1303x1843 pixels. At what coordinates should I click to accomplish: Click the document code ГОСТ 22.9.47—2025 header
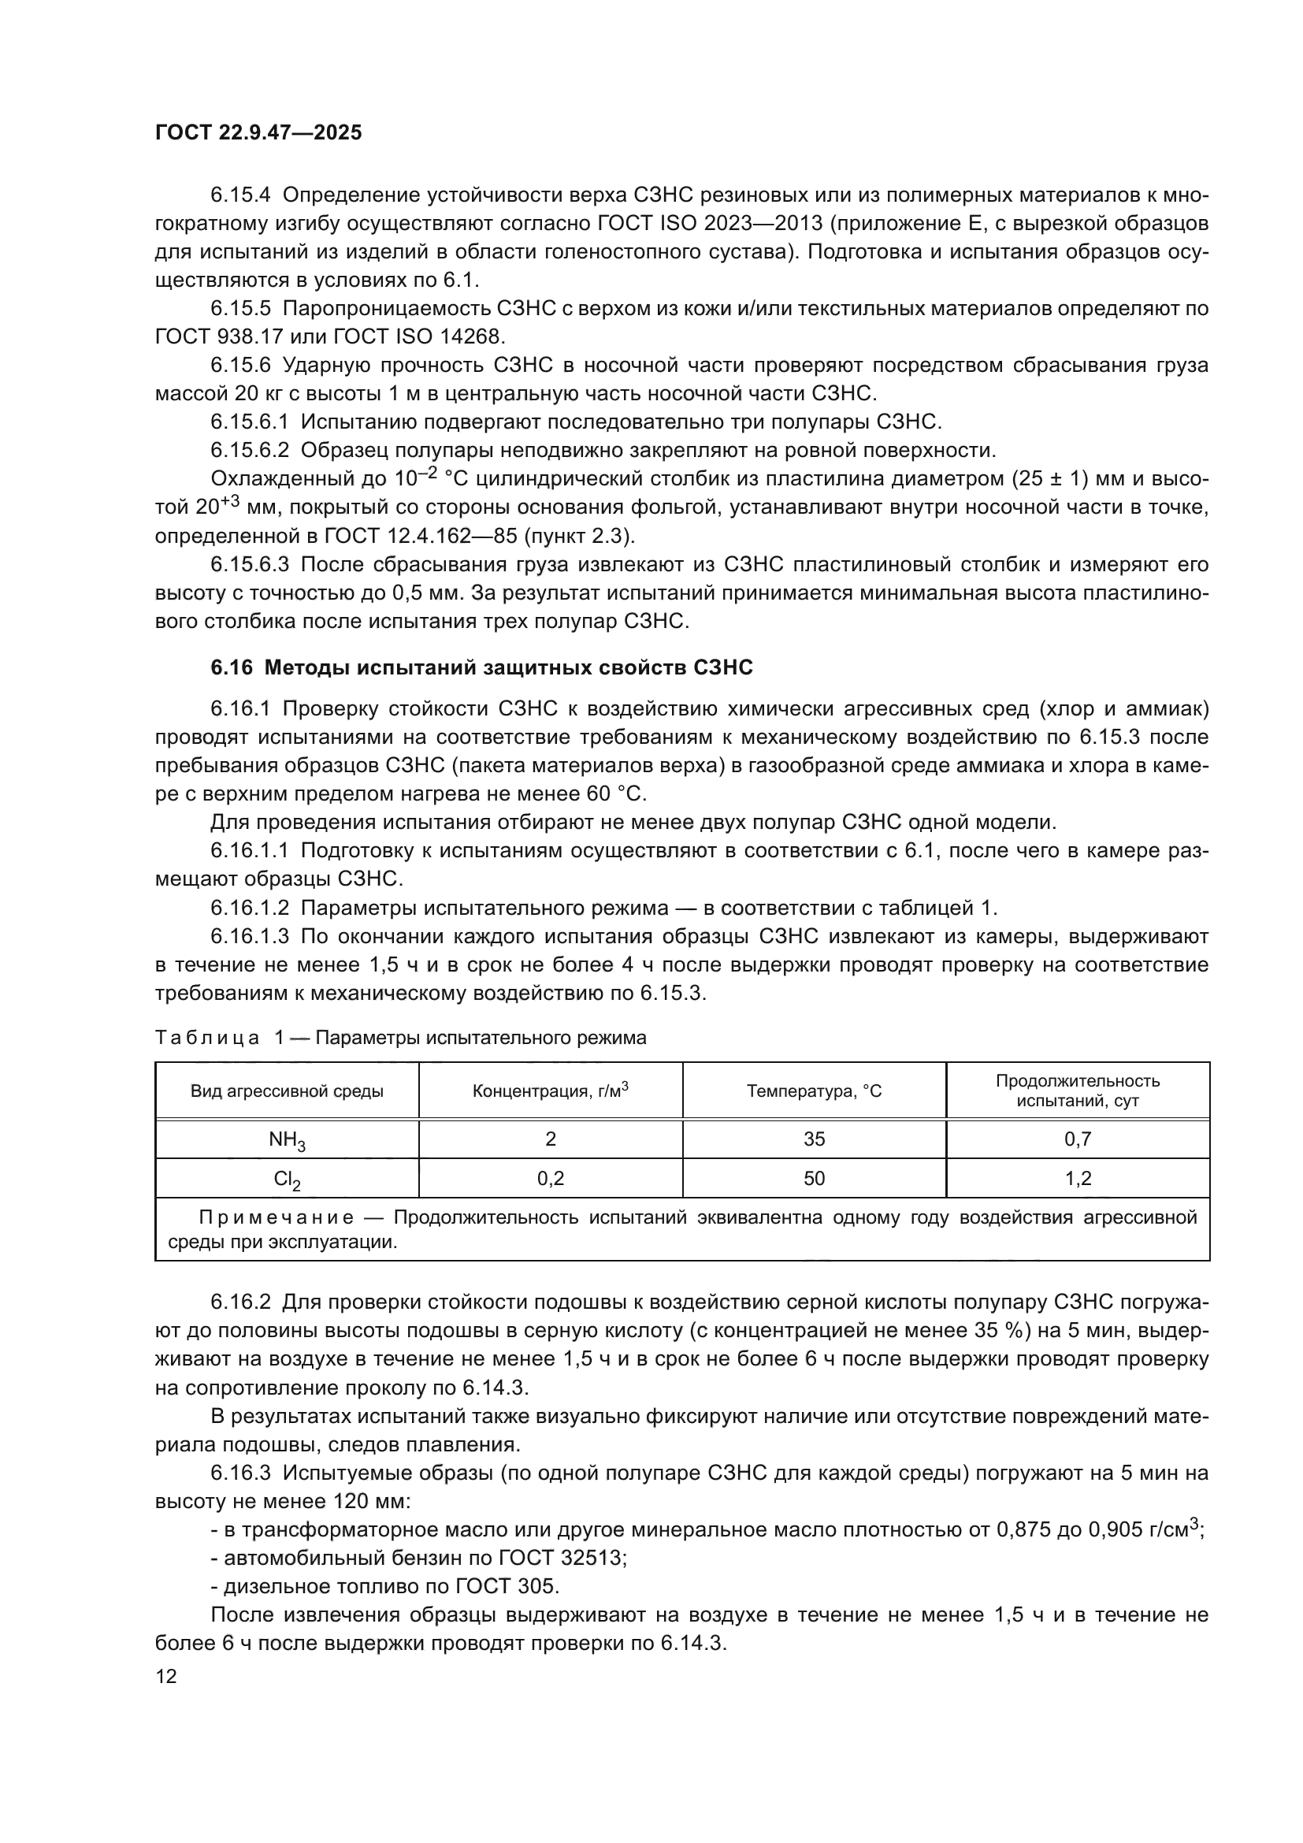(x=258, y=132)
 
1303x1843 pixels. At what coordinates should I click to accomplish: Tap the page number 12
(x=166, y=1676)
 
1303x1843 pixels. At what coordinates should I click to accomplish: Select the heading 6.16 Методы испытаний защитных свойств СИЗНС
(x=481, y=668)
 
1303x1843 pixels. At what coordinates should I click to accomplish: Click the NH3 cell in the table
(x=287, y=1141)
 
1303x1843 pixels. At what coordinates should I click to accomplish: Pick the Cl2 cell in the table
(x=287, y=1180)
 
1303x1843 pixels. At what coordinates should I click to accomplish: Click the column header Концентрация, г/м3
(x=550, y=1091)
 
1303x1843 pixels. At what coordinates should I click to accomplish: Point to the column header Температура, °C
(x=814, y=1091)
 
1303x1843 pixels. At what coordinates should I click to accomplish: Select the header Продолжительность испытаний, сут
(x=1077, y=1091)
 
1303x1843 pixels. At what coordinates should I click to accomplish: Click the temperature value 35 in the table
(x=814, y=1139)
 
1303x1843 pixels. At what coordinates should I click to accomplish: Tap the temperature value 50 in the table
(x=814, y=1178)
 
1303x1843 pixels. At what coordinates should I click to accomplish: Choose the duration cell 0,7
(x=1077, y=1139)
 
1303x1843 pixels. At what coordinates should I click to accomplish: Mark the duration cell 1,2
(x=1077, y=1178)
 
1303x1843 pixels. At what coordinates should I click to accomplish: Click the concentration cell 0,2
(x=550, y=1178)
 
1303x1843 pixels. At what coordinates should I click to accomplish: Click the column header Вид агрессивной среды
(x=287, y=1091)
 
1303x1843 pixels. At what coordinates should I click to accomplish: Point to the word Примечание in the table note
(x=276, y=1217)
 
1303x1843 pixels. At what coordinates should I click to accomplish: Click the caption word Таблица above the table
(x=207, y=1038)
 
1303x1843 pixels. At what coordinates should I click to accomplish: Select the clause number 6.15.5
(x=242, y=308)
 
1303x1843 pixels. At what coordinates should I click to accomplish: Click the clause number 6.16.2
(x=242, y=1302)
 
